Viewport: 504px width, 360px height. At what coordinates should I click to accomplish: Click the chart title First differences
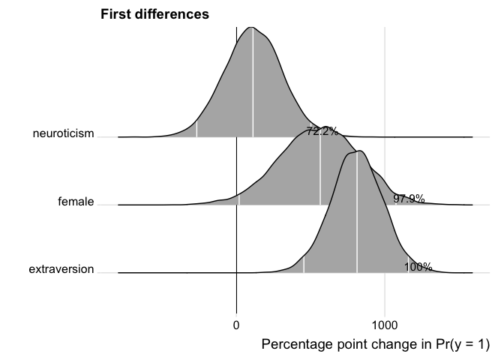tap(154, 13)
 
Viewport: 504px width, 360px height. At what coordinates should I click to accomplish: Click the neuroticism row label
tap(64, 134)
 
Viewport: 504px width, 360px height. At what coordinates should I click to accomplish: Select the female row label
tap(76, 201)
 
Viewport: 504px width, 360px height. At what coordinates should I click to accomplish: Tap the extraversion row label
tap(61, 269)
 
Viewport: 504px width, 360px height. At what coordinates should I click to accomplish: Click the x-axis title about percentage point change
tap(375, 344)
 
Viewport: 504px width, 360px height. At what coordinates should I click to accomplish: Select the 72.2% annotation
tap(322, 131)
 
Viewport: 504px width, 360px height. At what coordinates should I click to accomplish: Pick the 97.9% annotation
tap(409, 199)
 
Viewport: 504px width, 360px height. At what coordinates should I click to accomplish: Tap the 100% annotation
tap(418, 267)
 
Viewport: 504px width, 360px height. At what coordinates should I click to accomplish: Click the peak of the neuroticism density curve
tap(253, 27)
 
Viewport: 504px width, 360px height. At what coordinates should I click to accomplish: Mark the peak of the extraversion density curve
tap(360, 151)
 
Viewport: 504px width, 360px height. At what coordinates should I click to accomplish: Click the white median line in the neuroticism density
tap(253, 82)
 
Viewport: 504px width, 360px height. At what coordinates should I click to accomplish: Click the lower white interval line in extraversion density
tap(304, 264)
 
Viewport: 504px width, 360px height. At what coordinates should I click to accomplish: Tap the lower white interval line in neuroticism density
tap(196, 128)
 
